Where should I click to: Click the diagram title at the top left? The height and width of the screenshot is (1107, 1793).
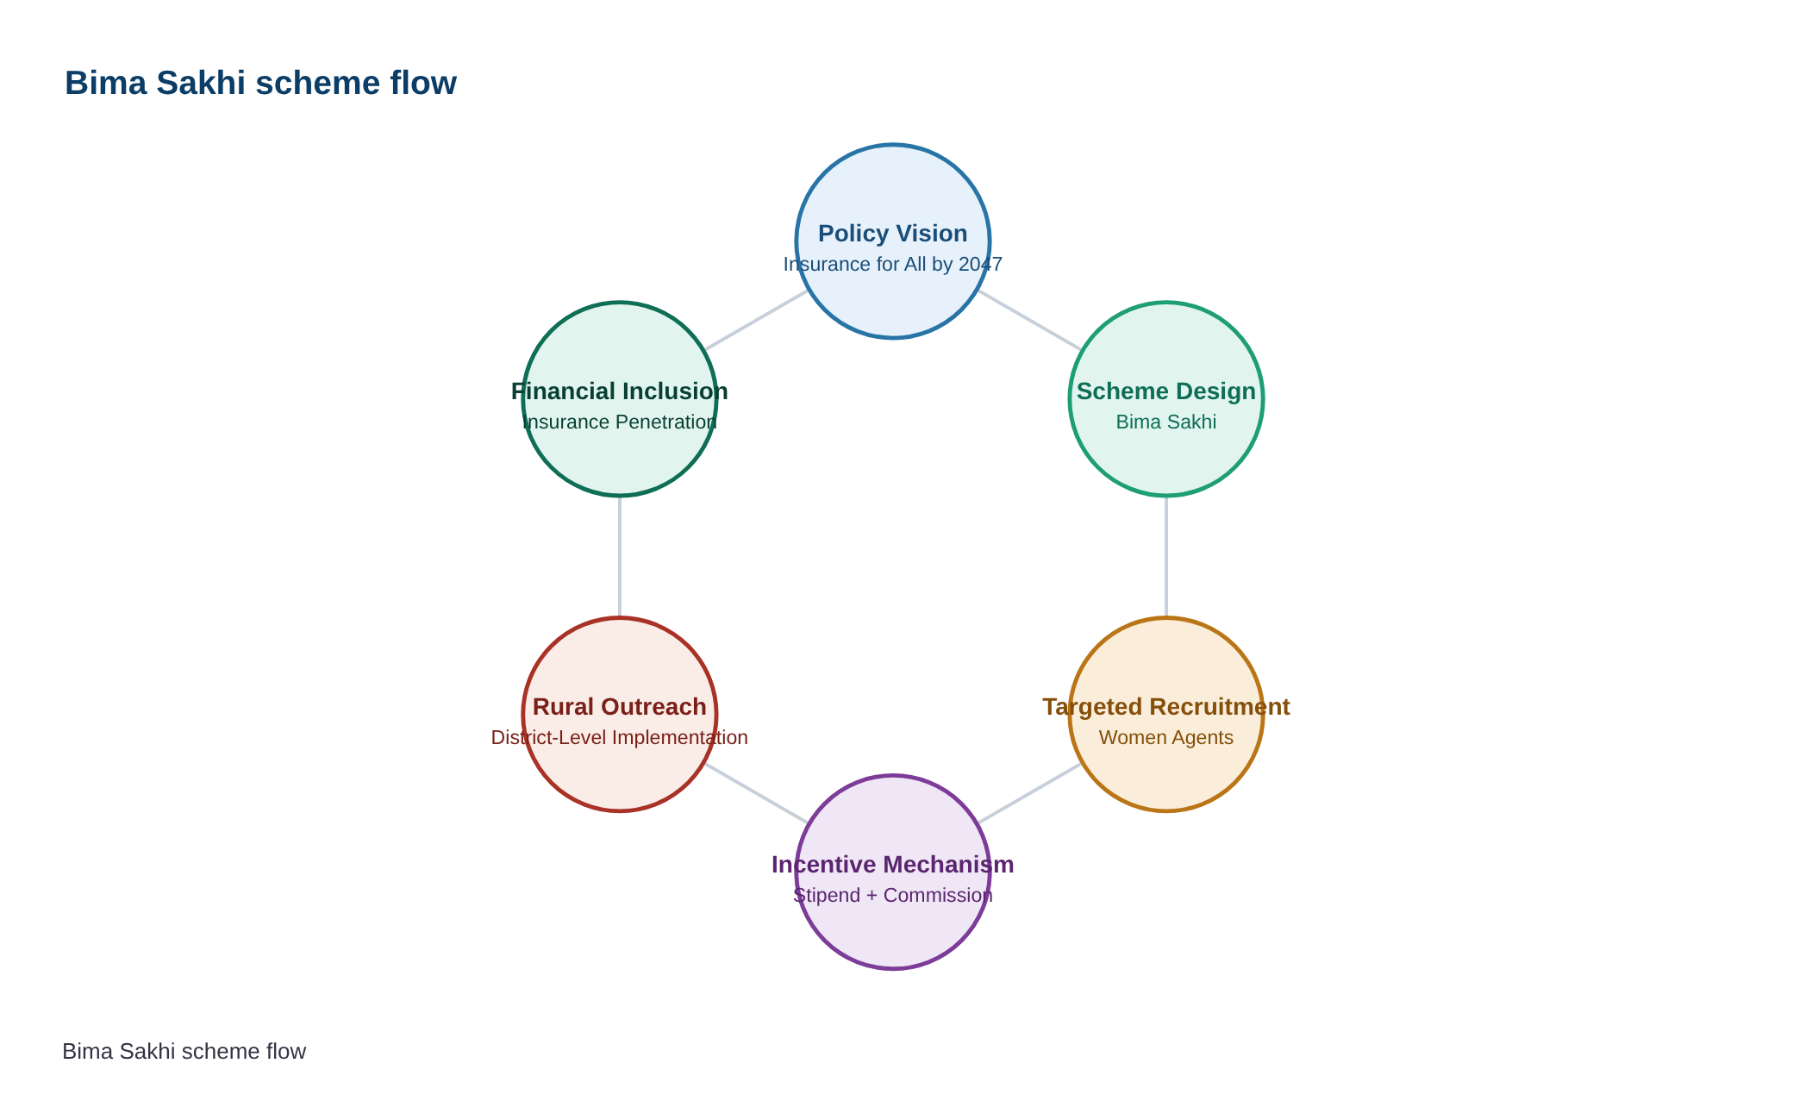260,83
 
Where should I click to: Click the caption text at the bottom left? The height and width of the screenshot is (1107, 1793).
184,1051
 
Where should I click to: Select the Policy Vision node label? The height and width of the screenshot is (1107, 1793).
893,234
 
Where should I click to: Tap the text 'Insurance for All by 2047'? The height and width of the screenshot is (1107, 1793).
893,264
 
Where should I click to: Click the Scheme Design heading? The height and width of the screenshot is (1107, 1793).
1166,391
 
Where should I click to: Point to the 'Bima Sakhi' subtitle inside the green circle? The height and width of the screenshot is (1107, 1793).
1166,422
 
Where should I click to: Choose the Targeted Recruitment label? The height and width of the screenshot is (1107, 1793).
1166,707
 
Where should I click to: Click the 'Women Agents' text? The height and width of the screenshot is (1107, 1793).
1166,737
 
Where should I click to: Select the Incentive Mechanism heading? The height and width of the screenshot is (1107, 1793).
893,865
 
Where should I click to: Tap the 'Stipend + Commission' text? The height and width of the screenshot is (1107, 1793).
893,895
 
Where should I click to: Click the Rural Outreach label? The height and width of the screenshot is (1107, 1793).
620,707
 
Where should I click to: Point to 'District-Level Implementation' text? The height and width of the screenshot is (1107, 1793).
620,737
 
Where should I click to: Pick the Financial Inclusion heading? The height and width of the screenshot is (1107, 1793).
620,391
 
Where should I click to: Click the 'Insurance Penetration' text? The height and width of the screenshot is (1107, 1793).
620,422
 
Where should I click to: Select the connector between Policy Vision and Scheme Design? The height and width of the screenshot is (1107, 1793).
1029,320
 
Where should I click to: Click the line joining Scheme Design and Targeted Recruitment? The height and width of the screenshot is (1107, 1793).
1166,557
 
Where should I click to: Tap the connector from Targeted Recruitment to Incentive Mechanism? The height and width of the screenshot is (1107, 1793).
1029,793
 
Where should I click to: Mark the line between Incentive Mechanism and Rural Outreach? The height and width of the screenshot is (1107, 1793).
757,793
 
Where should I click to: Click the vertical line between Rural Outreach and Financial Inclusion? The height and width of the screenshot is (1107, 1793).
620,557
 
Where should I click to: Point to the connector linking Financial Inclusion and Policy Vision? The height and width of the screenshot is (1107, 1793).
757,320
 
